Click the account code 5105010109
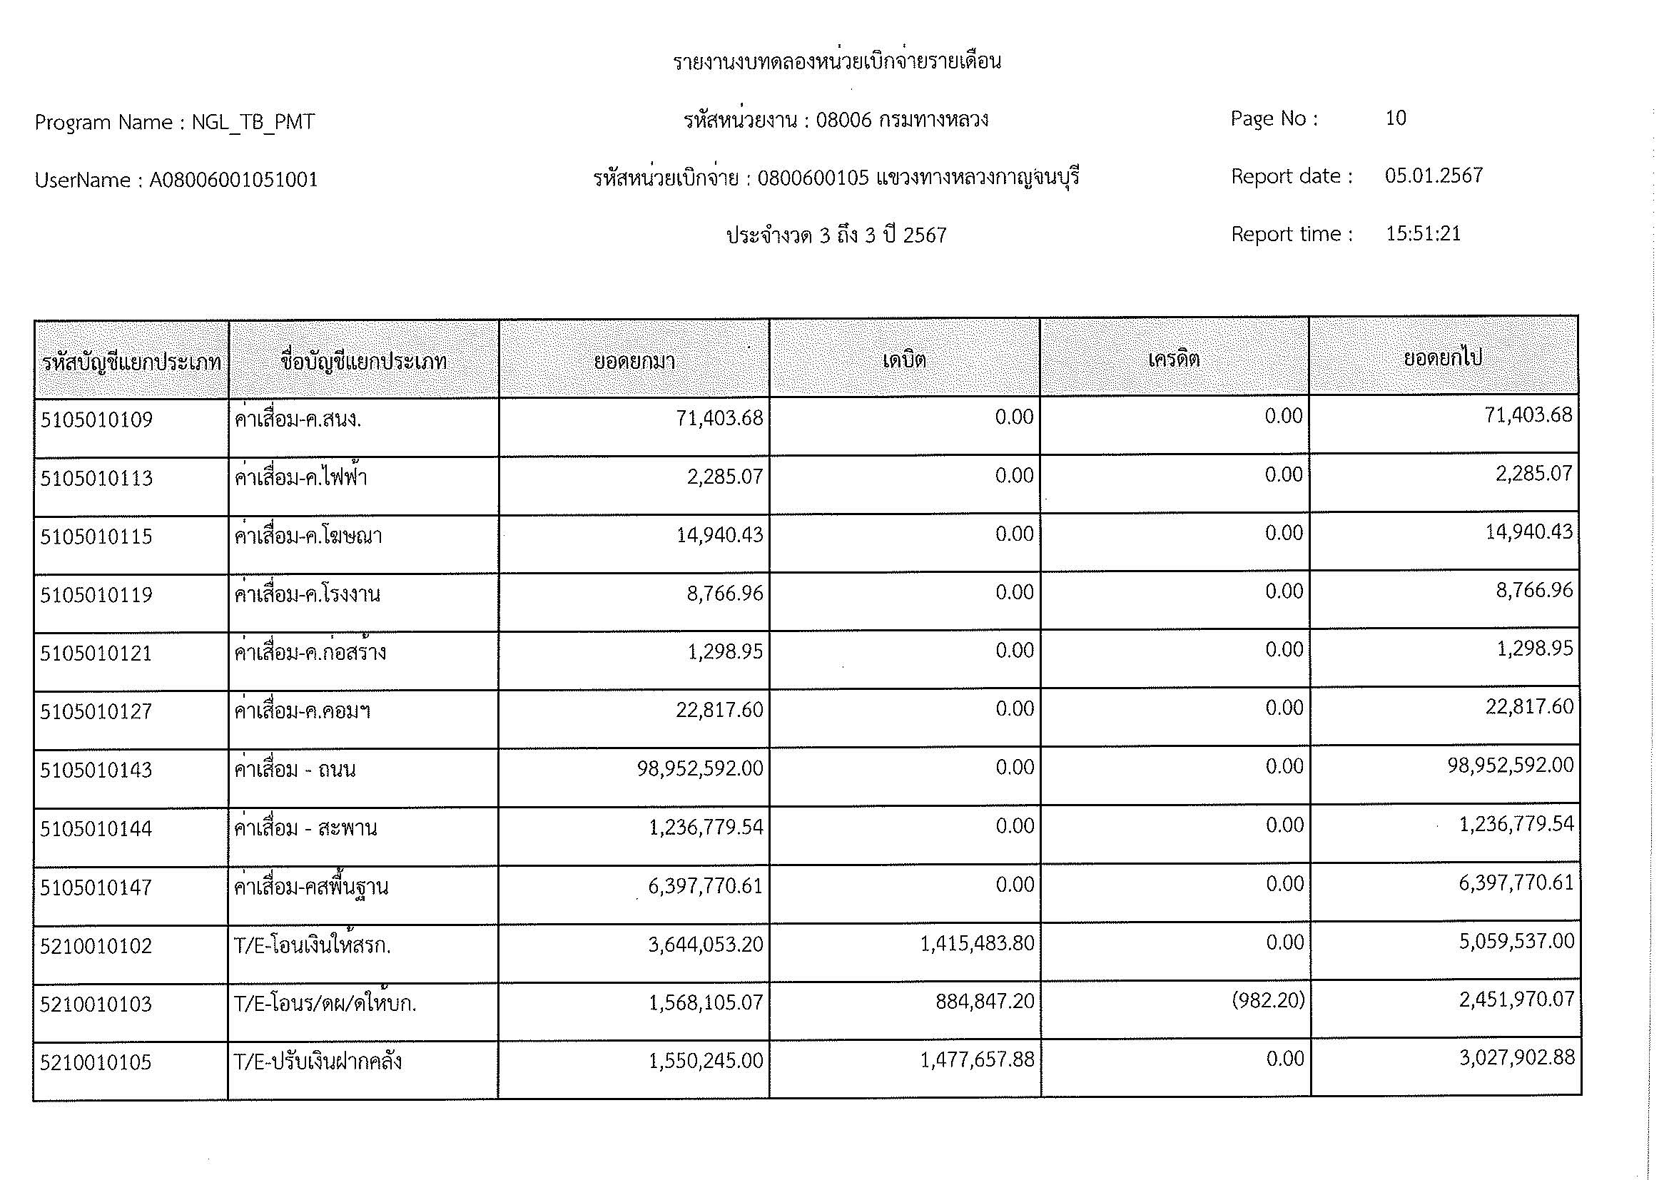[x=96, y=420]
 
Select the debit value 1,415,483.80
[x=976, y=943]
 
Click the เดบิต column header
[x=904, y=360]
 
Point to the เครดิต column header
[x=1173, y=359]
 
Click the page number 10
[x=1395, y=118]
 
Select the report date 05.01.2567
[x=1433, y=176]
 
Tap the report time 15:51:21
[x=1423, y=234]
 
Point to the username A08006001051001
[x=233, y=180]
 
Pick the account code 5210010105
[x=96, y=1062]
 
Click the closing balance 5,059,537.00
[x=1516, y=942]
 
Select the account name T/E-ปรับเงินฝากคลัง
[x=318, y=1062]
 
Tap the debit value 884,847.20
[x=985, y=1002]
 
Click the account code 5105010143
[x=96, y=770]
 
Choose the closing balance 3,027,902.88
[x=1516, y=1057]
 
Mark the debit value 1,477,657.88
[x=976, y=1060]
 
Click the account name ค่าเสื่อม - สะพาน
[x=305, y=828]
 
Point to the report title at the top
[x=837, y=62]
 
